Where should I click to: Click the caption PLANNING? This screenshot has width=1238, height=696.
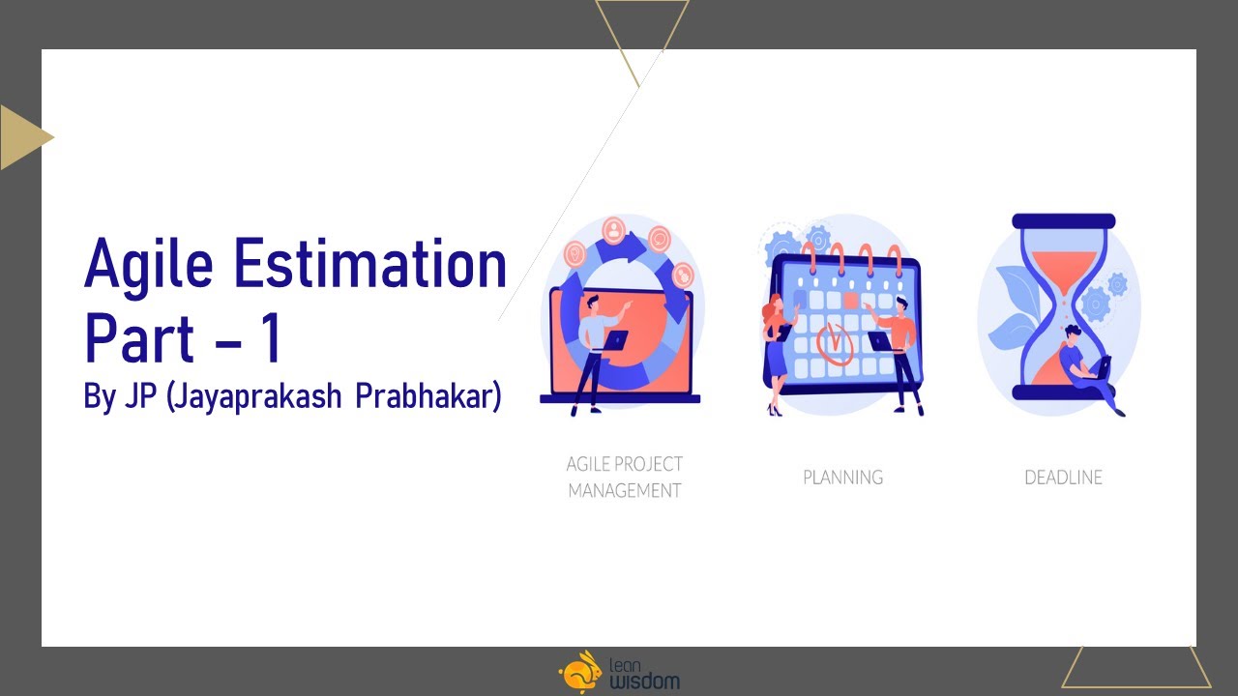[842, 477]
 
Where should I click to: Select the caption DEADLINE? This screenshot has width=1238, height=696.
[1063, 477]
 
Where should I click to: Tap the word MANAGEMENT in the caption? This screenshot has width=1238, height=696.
[624, 491]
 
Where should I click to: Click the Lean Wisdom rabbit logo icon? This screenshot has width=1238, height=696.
[579, 671]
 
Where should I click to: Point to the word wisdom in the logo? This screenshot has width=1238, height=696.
[644, 681]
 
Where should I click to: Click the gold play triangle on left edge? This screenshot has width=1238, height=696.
[21, 137]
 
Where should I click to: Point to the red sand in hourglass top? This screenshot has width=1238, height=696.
[1063, 266]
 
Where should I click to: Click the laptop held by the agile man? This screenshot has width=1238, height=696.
[611, 339]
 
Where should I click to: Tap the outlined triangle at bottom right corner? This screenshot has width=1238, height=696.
[1136, 669]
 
